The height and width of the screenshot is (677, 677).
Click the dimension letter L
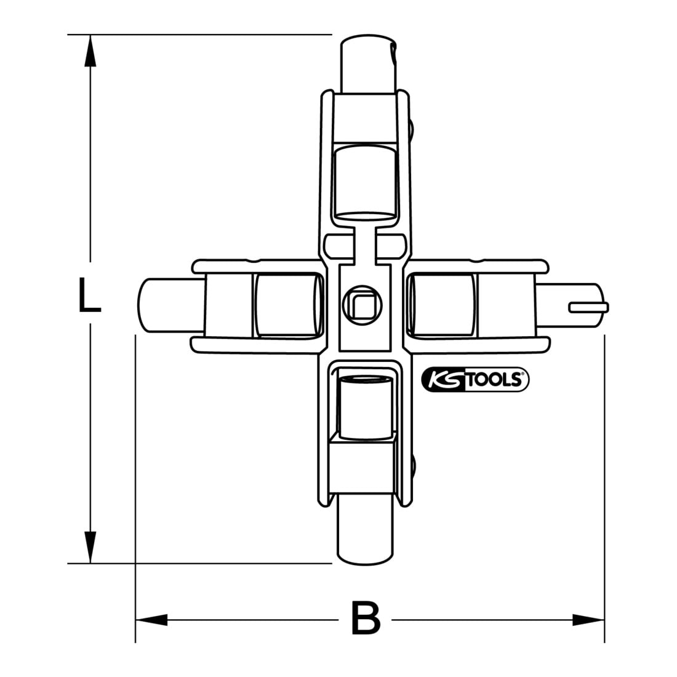point(89,295)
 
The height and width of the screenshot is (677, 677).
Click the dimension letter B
point(365,617)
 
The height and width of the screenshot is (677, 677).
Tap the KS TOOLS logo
point(475,380)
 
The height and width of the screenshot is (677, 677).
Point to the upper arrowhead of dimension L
point(90,51)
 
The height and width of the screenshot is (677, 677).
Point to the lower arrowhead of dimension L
point(90,547)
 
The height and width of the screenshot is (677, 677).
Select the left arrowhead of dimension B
point(151,620)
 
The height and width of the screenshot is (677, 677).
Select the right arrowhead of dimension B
point(588,620)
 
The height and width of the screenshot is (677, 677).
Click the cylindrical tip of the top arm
point(368,63)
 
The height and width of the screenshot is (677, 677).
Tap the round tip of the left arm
point(170,305)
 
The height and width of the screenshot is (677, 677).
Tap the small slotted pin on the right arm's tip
point(588,307)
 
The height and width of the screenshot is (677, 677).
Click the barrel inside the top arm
point(365,183)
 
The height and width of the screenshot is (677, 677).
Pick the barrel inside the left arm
point(289,305)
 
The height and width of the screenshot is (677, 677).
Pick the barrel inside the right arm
point(441,305)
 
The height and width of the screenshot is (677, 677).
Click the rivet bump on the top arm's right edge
point(412,129)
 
